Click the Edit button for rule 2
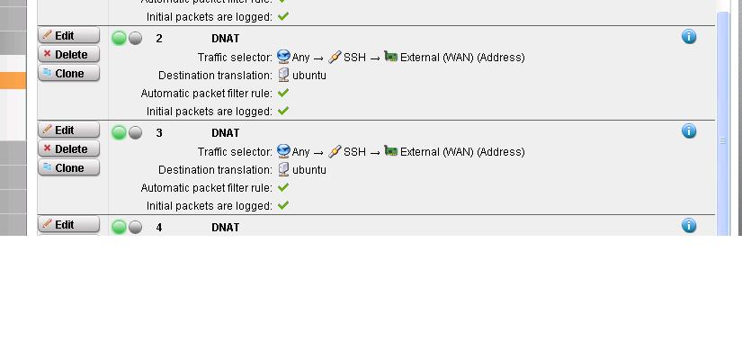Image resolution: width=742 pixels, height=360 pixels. point(68,36)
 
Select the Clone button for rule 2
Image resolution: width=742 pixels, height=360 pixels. point(68,74)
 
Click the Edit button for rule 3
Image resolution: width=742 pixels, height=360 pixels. point(68,130)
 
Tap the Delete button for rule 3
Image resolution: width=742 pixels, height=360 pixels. point(68,149)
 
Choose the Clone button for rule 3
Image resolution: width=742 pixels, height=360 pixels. point(68,168)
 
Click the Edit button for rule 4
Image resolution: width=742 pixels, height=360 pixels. point(68,225)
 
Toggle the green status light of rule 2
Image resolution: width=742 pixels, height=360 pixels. point(119,38)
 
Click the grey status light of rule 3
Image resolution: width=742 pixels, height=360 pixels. point(135,132)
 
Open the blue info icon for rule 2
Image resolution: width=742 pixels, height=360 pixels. point(689,37)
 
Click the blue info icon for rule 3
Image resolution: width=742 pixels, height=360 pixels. point(689,131)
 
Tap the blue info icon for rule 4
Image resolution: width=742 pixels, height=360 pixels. point(689,226)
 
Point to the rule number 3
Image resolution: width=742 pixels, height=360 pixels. point(159,133)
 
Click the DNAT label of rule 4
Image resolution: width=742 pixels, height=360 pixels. point(226,228)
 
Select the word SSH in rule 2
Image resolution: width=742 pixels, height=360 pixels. point(354,58)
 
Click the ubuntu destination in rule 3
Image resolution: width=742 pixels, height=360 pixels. point(308,170)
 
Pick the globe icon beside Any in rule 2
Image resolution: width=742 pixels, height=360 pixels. point(283,57)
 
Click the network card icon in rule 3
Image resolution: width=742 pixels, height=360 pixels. point(390,151)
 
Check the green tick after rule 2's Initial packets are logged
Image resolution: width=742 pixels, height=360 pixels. point(283,111)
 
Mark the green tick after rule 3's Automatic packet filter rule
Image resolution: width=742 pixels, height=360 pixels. point(283,187)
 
